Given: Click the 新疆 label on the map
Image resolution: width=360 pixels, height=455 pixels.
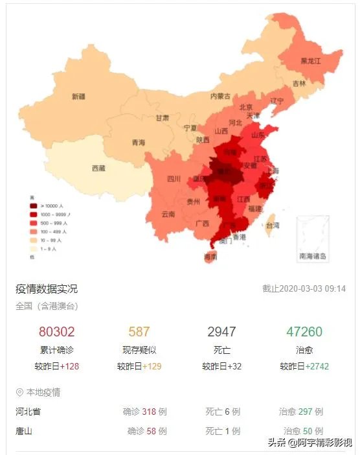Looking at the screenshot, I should click(78, 97).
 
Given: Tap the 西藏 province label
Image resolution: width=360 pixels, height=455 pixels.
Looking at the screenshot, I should click(98, 168).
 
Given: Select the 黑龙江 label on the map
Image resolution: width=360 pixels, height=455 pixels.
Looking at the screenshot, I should click(310, 61).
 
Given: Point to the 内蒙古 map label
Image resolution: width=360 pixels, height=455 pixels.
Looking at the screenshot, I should click(220, 96).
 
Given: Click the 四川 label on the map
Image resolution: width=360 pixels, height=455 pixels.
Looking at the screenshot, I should click(174, 179).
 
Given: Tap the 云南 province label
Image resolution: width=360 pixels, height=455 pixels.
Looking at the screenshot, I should click(168, 213).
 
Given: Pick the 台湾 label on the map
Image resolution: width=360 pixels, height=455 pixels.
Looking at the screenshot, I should click(273, 226).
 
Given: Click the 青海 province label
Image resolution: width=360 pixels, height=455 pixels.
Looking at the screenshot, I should click(138, 143).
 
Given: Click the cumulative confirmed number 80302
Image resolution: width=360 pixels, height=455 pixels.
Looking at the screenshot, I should click(57, 332).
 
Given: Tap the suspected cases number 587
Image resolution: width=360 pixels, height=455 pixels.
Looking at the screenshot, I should click(139, 332).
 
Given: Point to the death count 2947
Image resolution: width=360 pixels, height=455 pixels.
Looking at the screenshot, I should click(221, 332).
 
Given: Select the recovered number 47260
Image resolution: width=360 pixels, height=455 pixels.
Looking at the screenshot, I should click(304, 332).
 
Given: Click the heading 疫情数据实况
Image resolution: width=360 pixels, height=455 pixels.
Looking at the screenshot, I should click(47, 288).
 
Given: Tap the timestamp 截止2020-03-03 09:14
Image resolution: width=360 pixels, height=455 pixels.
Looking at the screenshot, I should click(304, 289).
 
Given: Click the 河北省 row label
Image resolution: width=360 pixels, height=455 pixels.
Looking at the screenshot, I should click(28, 412).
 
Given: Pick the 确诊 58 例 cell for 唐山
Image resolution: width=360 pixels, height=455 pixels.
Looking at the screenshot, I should click(147, 431).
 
